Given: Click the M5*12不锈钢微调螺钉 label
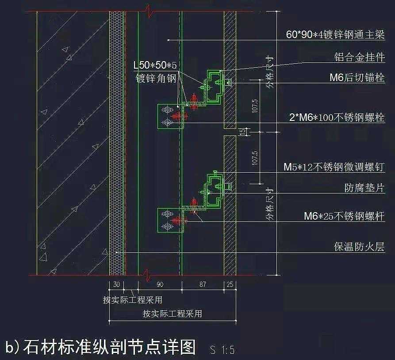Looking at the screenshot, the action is point(334,167).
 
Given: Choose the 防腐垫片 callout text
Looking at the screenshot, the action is point(364,188).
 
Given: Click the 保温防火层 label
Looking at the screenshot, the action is point(359,247).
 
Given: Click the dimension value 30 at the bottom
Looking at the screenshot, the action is point(116,285).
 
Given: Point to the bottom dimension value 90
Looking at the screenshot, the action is point(160,285).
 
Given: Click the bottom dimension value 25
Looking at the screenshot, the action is point(230,285).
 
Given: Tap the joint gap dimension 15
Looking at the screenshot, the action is point(242,132).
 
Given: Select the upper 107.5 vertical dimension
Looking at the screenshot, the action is point(254,106).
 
